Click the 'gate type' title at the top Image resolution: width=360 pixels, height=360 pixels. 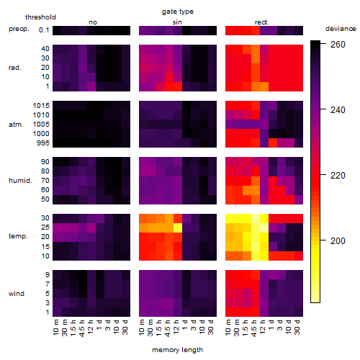click(178, 12)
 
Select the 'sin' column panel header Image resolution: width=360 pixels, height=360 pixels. click(177, 22)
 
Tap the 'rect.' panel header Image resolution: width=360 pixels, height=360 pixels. click(261, 22)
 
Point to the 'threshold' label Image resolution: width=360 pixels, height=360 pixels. click(40, 17)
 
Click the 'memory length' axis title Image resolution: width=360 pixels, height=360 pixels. click(177, 350)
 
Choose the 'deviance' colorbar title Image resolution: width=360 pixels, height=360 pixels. click(341, 29)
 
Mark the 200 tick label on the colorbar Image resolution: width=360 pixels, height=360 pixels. click(338, 240)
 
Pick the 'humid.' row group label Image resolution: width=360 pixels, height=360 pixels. click(20, 181)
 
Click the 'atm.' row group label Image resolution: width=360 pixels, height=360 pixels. click(16, 125)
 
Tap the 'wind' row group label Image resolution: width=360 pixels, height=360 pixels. click(17, 294)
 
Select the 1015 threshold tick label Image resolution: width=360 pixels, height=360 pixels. click(41, 106)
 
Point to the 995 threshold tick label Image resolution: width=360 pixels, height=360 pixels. click(43, 143)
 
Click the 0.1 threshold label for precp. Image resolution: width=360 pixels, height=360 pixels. click(44, 30)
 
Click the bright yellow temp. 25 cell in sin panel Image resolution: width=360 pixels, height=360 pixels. click(178, 228)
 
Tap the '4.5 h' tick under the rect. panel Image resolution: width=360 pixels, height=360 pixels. click(253, 328)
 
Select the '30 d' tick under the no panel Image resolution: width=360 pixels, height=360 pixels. click(125, 327)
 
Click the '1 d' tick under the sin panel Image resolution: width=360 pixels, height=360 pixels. click(185, 325)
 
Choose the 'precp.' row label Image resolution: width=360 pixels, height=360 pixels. click(19, 29)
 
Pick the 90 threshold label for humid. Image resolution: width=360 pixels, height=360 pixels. click(45, 162)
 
